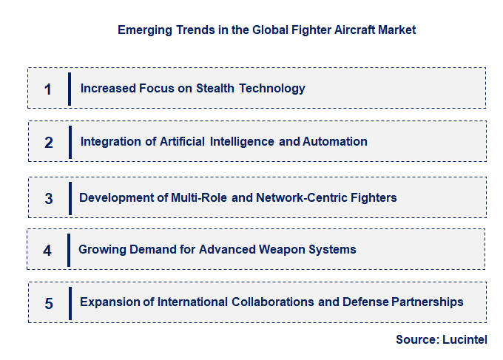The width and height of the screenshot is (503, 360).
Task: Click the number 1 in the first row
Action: pyautogui.click(x=47, y=89)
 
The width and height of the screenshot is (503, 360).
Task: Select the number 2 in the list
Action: pyautogui.click(x=49, y=143)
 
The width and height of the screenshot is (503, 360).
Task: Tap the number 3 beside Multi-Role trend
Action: pyautogui.click(x=49, y=199)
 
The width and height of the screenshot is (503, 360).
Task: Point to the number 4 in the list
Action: pyautogui.click(x=47, y=251)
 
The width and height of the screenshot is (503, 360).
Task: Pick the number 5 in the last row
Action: pyautogui.click(x=49, y=303)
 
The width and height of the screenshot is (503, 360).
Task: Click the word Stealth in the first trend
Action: pyautogui.click(x=215, y=88)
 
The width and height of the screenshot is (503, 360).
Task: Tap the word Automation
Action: pyautogui.click(x=334, y=141)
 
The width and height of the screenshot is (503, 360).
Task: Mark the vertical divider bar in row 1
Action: pyautogui.click(x=70, y=89)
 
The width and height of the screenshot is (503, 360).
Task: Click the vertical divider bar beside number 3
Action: pyautogui.click(x=70, y=198)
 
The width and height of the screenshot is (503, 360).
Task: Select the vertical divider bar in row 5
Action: pyautogui.click(x=70, y=302)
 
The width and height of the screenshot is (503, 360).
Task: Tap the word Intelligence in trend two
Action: pyautogui.click(x=243, y=141)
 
